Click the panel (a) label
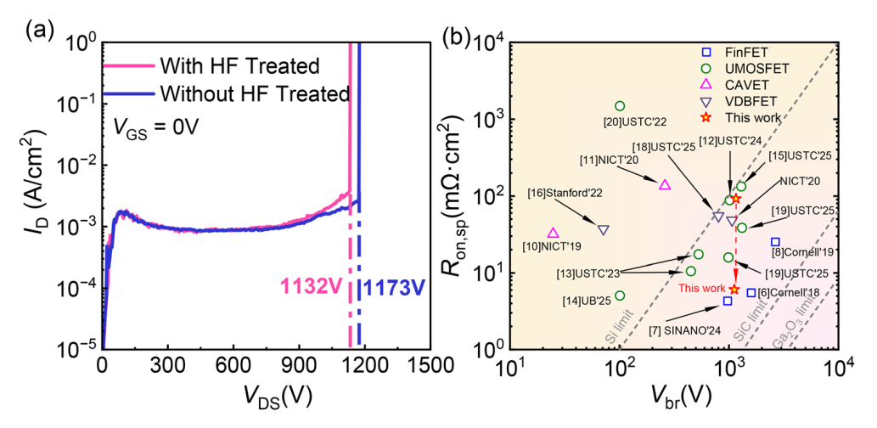point(41,32)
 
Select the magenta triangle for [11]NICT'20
point(665,185)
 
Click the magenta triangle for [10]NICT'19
point(553,233)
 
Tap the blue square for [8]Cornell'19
point(775,242)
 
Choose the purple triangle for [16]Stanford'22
point(603,230)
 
